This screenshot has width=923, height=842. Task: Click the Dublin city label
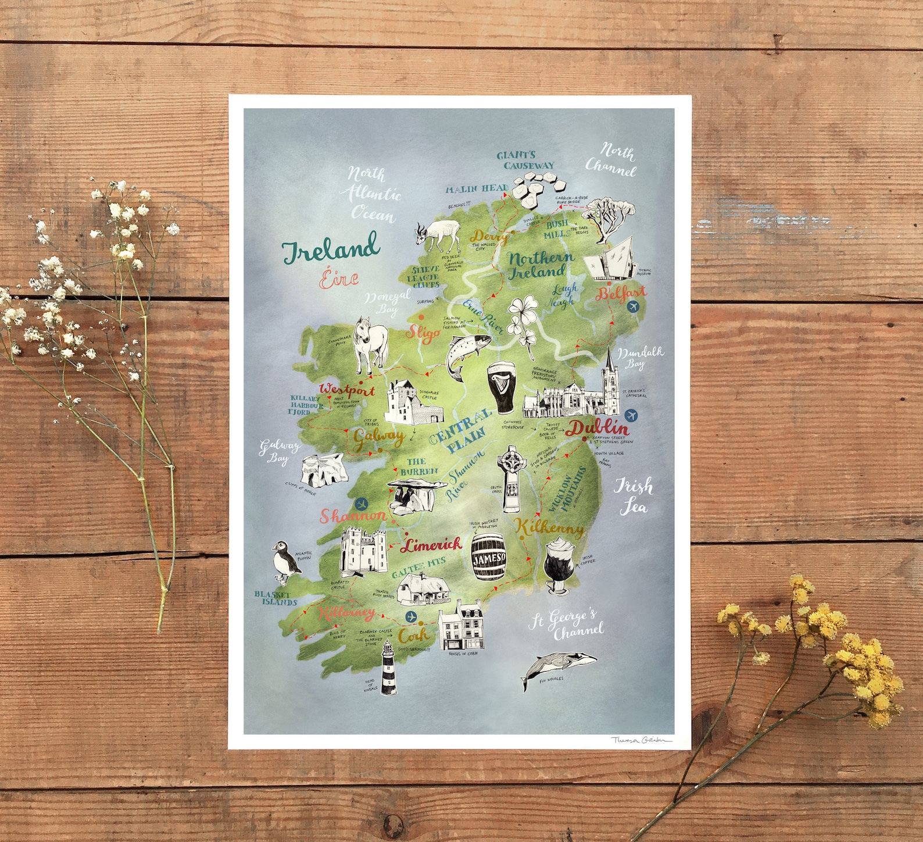pyautogui.click(x=598, y=428)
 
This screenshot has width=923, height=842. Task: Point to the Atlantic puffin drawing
pyautogui.click(x=284, y=562)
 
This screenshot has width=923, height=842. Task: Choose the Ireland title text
pyautogui.click(x=331, y=248)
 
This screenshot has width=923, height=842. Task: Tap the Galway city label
pyautogui.click(x=378, y=436)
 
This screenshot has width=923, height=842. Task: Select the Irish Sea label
pyautogui.click(x=634, y=496)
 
